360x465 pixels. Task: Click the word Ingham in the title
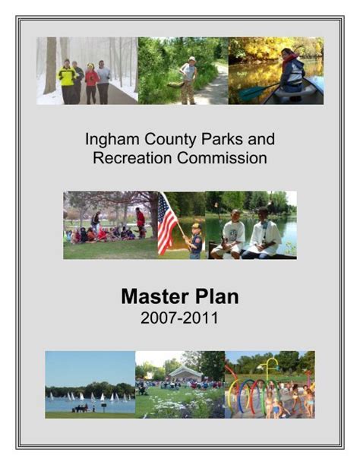pos(112,139)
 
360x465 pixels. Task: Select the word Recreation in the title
pos(132,158)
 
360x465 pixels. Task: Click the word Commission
pos(222,158)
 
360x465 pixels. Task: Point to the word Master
pos(155,296)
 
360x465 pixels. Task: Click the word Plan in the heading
pos(217,296)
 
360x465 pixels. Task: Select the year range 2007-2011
pos(180,318)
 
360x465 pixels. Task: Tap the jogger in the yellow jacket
pos(67,81)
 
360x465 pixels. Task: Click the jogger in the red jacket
pos(92,84)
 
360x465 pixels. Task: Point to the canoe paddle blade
pos(248,93)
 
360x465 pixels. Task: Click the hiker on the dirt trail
pos(188,80)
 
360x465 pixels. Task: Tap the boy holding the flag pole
pos(195,241)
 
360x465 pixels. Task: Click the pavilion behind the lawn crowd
pos(185,373)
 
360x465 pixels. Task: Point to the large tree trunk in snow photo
pos(51,65)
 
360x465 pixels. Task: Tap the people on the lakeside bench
pos(80,408)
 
